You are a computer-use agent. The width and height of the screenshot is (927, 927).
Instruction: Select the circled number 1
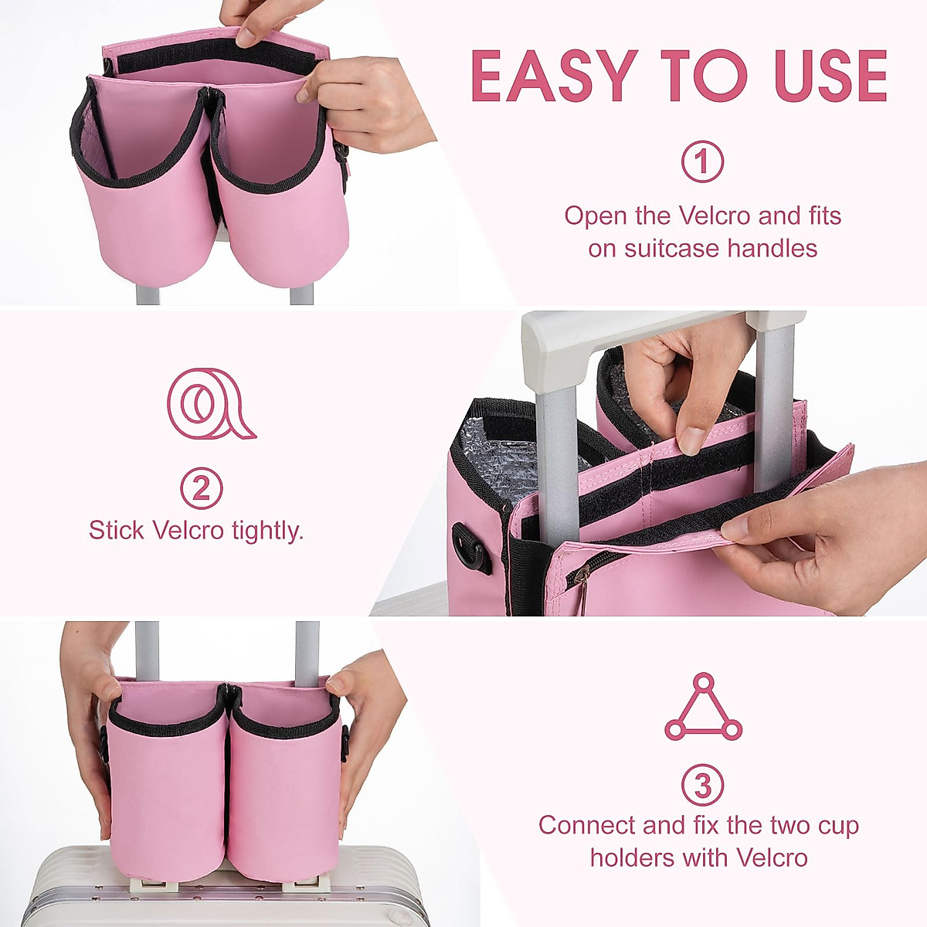(702, 161)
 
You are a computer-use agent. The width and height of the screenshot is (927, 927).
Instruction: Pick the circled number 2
(202, 488)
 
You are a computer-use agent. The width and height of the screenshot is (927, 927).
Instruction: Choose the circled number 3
(702, 786)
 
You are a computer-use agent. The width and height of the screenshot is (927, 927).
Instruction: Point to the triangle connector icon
(703, 708)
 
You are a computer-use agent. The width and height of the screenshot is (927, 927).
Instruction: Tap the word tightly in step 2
(261, 531)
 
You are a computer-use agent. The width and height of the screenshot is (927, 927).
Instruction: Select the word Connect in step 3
(588, 825)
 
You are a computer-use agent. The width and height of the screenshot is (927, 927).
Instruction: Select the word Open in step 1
(595, 216)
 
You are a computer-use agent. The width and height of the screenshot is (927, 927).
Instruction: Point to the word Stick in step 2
(117, 531)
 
